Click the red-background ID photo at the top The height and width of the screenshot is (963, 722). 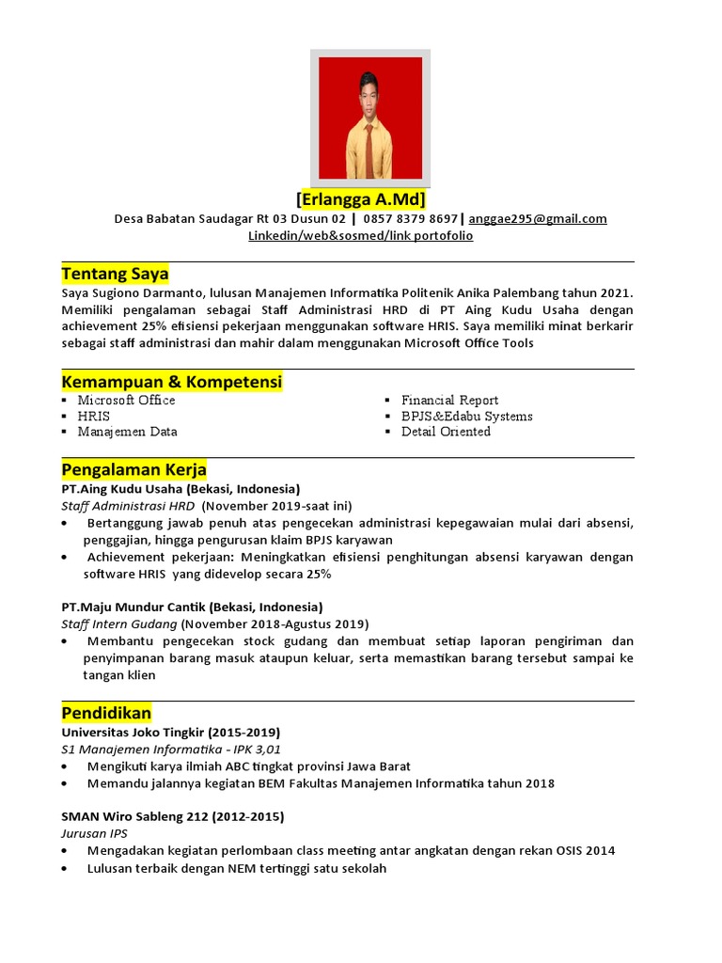click(370, 118)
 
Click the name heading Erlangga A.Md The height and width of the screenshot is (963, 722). click(361, 199)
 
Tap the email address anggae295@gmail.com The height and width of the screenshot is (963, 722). click(538, 218)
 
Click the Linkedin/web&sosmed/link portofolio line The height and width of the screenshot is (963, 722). click(360, 235)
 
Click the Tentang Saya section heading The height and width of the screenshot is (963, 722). click(115, 275)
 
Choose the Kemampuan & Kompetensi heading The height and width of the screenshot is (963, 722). click(171, 383)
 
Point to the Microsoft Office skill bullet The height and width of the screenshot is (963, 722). click(126, 400)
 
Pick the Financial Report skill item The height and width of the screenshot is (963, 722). click(449, 400)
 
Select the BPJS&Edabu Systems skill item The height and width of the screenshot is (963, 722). click(466, 416)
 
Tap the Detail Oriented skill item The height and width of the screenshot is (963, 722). click(446, 432)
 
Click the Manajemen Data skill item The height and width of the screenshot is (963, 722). click(127, 432)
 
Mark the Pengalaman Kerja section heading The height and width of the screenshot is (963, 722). click(133, 469)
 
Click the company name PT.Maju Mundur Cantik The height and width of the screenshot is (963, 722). click(133, 607)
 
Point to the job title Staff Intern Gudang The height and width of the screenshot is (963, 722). click(119, 624)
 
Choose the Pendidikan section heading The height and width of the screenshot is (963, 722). click(106, 713)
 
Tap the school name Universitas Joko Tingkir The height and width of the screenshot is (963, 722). click(139, 732)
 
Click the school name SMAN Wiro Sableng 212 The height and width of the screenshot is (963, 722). click(139, 815)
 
